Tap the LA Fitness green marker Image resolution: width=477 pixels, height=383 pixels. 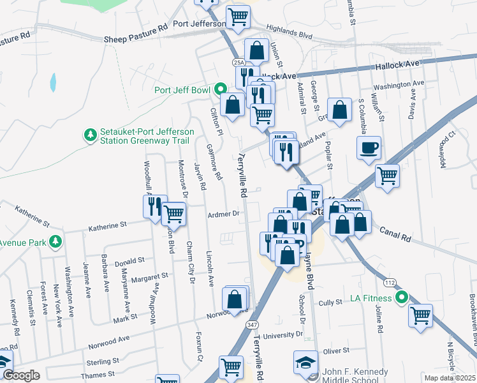[x=402, y=297]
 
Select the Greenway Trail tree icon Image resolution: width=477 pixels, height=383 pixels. [x=89, y=135]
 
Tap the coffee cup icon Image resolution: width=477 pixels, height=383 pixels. [x=369, y=148]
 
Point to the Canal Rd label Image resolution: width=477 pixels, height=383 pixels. [x=395, y=234]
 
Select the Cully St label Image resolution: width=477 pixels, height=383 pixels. [x=330, y=302]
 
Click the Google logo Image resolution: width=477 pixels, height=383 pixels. [x=20, y=375]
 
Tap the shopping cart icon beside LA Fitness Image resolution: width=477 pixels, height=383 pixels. [x=420, y=314]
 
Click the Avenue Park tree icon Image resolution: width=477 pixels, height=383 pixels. [x=56, y=241]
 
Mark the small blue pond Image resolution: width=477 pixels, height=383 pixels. [x=53, y=82]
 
